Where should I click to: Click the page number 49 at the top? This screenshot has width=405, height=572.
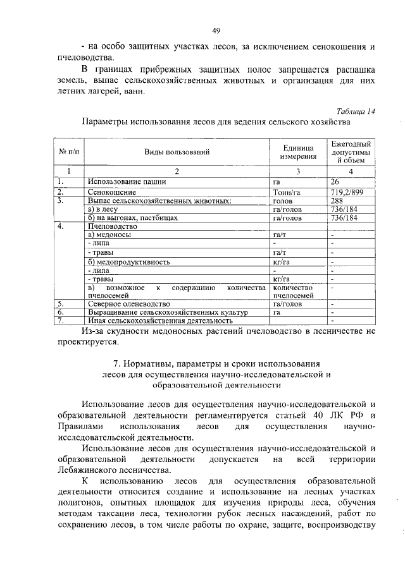215,30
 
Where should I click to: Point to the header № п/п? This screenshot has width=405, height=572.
68,152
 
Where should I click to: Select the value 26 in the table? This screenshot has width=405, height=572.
335,182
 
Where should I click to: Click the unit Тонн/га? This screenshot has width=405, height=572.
285,192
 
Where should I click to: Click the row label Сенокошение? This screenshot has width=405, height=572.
111,192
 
